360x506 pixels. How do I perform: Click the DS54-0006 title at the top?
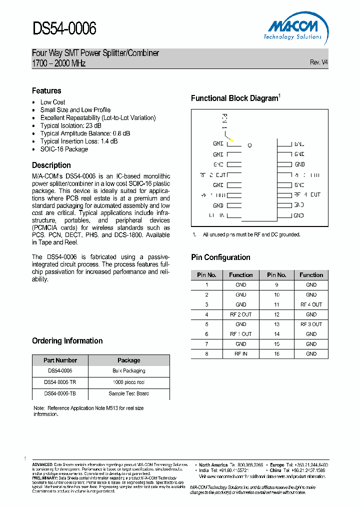pyautogui.click(x=64, y=29)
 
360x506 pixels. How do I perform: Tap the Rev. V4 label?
pyautogui.click(x=319, y=62)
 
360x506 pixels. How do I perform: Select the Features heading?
pyautogui.click(x=46, y=90)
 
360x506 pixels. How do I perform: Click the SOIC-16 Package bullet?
pyautogui.click(x=64, y=149)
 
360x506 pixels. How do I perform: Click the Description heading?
pyautogui.click(x=51, y=165)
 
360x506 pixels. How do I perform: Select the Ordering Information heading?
pyautogui.click(x=67, y=340)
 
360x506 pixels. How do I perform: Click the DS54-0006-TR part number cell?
pyautogui.click(x=60, y=382)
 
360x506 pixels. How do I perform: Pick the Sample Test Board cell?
pyautogui.click(x=128, y=393)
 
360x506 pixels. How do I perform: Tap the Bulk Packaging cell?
pyautogui.click(x=128, y=371)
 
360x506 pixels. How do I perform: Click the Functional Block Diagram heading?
pyautogui.click(x=234, y=98)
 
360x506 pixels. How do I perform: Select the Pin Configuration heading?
pyautogui.click(x=220, y=257)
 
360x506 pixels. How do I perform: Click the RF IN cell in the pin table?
pyautogui.click(x=241, y=353)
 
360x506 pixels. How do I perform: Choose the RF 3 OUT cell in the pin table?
pyautogui.click(x=311, y=324)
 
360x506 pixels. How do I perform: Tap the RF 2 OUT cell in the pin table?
pyautogui.click(x=241, y=314)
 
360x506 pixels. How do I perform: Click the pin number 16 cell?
pyautogui.click(x=276, y=353)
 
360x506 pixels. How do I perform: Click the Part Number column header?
pyautogui.click(x=60, y=360)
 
